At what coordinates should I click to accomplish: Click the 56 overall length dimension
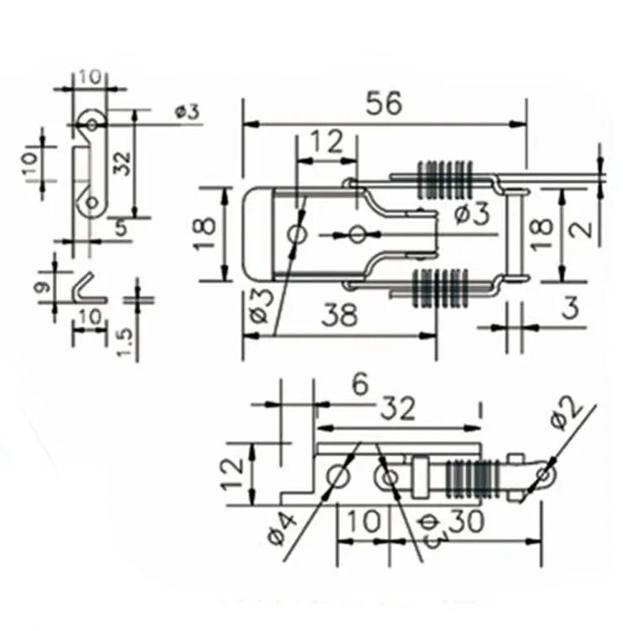tap(384, 103)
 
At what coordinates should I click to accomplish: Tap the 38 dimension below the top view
tap(339, 315)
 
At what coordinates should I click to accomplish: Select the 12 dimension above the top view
tap(327, 141)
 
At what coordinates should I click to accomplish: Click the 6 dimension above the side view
tap(360, 384)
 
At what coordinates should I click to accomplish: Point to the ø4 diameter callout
tap(282, 528)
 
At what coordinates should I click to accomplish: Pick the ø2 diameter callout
tap(567, 415)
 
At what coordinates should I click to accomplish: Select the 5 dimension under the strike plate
tap(121, 228)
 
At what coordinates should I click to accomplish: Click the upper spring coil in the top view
tap(445, 180)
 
